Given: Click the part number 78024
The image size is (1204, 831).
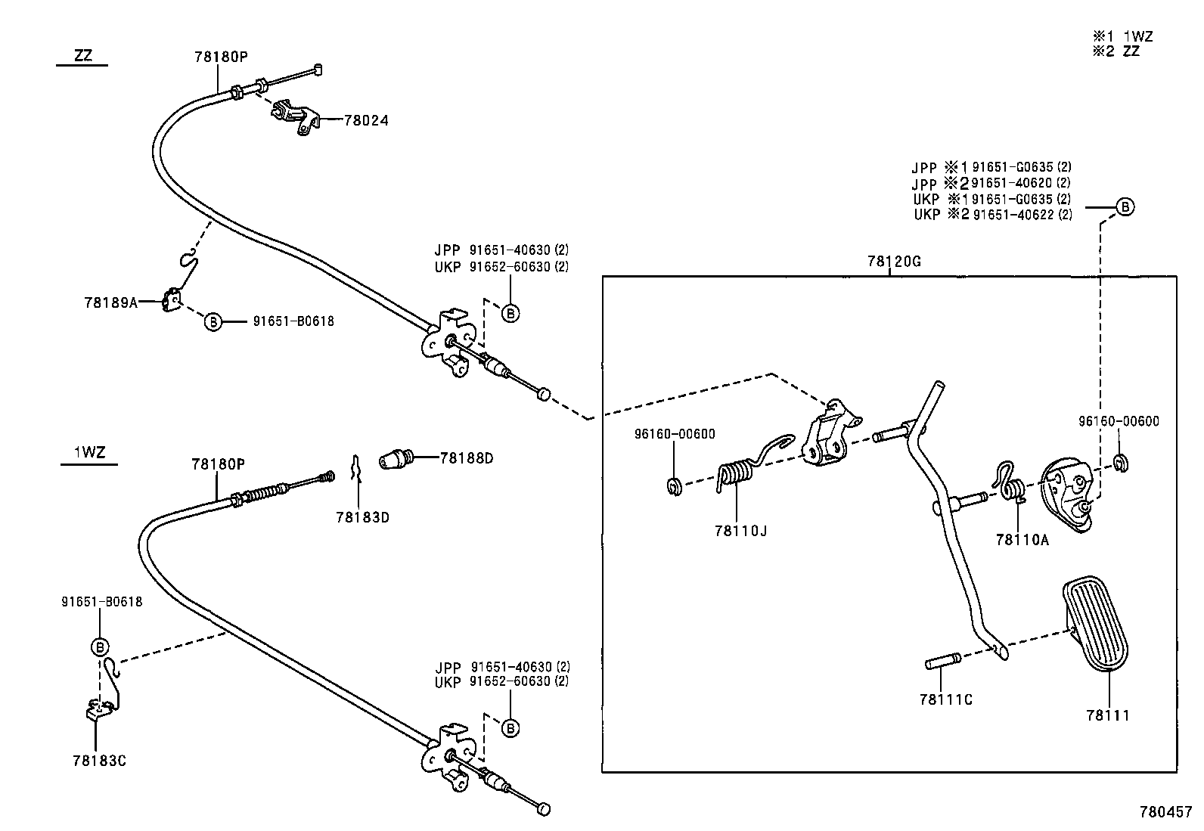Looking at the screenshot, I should coord(366,120).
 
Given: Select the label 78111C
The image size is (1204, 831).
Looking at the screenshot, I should coord(945,699).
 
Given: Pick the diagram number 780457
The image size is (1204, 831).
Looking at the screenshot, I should coord(1165,812).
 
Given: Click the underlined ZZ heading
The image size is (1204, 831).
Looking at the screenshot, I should coord(84,56).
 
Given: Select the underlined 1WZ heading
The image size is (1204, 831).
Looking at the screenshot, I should coord(89,453).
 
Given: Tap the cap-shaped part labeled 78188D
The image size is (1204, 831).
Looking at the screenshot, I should coord(396,458).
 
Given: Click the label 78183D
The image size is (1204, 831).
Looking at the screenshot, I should coord(362,517).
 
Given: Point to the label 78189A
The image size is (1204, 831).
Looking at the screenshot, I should coord(110,302).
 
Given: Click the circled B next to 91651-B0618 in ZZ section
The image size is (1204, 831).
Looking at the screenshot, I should coord(213,322).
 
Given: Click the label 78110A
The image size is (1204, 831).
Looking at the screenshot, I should coord(1022,539).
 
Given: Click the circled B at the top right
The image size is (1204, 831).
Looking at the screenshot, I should coord(1125,206).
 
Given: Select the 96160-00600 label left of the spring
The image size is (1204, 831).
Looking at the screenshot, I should coord(675,434).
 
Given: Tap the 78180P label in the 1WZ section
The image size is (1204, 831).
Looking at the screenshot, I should coord(218,464).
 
